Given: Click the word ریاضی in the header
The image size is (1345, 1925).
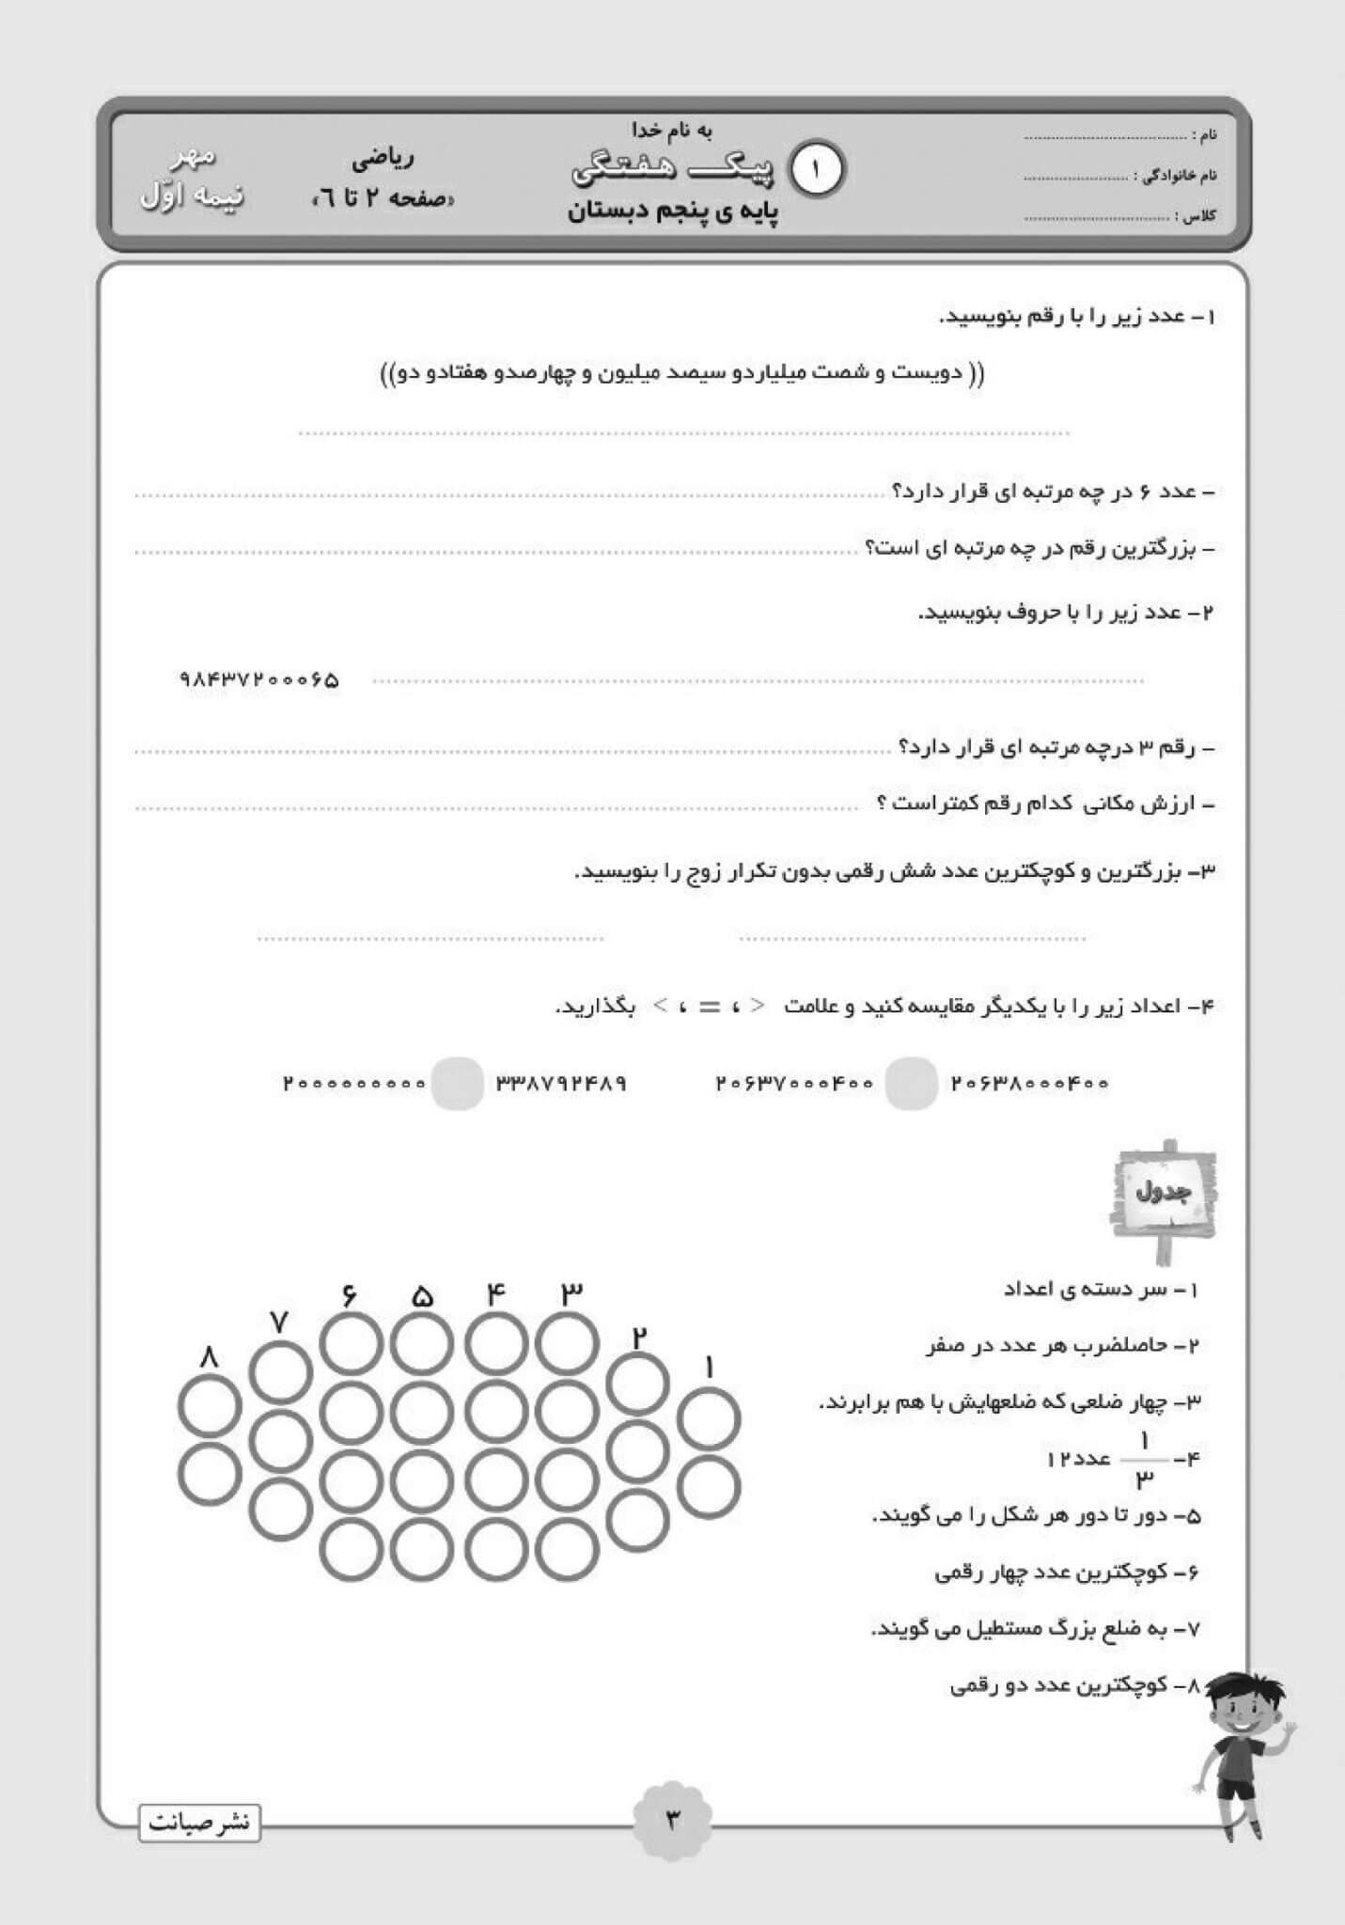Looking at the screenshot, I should point(383,159).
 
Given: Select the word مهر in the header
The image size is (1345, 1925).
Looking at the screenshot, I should point(197,156).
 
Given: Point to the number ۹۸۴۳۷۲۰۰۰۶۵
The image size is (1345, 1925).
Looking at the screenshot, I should point(258,680).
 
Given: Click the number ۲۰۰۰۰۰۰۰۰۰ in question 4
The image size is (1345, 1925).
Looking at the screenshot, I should point(354,1083).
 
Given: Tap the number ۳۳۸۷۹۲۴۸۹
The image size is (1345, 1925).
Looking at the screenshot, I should point(561,1083).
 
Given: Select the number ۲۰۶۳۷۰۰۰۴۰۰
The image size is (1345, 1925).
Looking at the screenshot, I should point(794,1083).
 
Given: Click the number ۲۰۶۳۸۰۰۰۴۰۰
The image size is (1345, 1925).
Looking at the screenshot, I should point(1030,1083).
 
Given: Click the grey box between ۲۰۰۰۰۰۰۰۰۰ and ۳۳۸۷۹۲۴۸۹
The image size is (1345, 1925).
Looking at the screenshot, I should point(458,1083).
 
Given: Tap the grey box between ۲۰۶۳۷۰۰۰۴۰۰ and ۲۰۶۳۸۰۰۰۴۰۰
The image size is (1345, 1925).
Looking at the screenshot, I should point(912,1083).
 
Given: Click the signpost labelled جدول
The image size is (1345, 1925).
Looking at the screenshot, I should point(1164,1194).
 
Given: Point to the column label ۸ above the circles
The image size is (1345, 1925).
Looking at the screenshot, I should point(209,1357).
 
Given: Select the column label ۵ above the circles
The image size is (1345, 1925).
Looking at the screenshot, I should point(422,1298).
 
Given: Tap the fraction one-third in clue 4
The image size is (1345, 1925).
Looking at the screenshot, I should point(1145,1460).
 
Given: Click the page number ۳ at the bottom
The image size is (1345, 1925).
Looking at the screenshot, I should point(673,1819).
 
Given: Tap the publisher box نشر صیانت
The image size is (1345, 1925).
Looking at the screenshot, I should point(199,1823).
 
